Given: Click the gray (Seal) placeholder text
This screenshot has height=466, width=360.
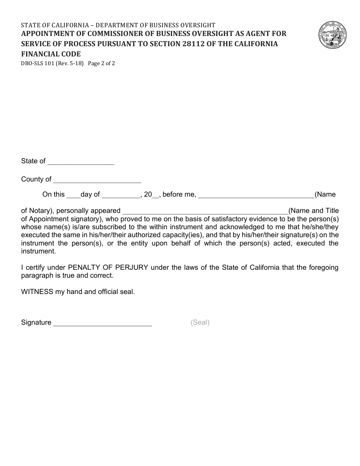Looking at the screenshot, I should (200, 322).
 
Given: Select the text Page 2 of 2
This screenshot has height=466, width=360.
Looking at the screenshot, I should (101, 63).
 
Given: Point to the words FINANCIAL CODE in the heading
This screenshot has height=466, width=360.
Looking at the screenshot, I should (51, 54).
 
